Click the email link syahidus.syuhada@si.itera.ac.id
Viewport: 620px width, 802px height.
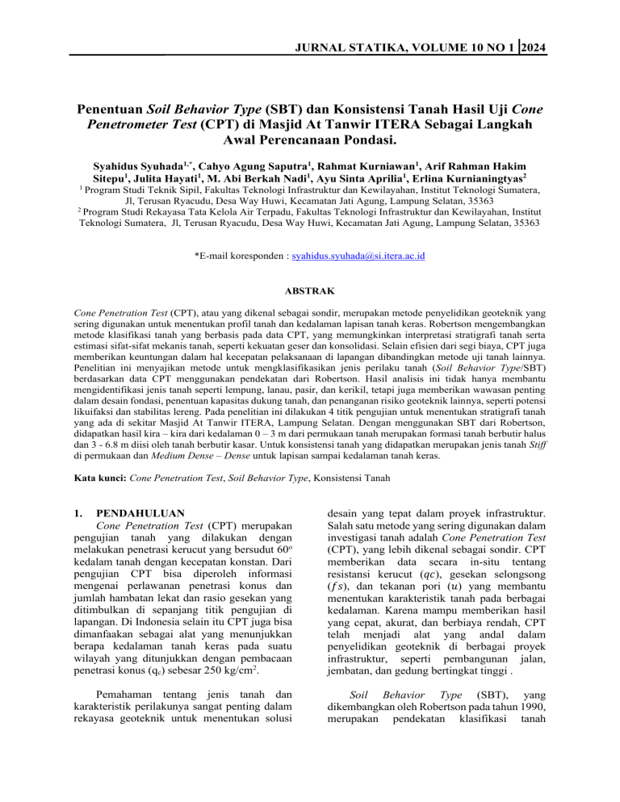[357, 256]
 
